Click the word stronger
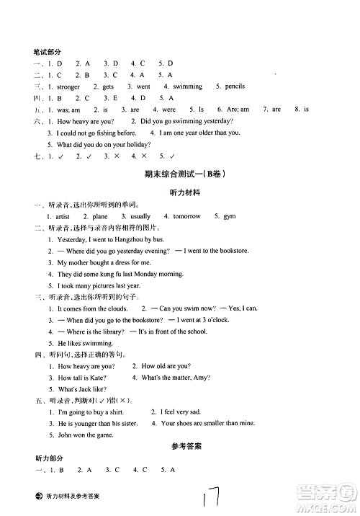pyautogui.click(x=68, y=86)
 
